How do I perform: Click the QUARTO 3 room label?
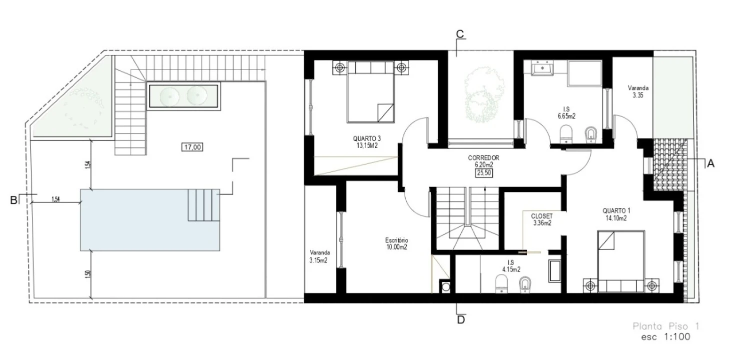coord(367,138)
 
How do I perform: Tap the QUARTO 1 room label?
coord(616,211)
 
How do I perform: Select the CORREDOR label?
coord(484,158)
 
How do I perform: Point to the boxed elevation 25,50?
coord(484,173)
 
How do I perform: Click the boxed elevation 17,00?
coord(192,147)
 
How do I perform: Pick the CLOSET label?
coord(542,216)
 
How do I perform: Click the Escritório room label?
coord(397,240)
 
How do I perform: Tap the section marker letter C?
coord(460,34)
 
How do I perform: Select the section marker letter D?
coord(461,320)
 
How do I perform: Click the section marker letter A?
coord(711,163)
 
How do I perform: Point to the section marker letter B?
coord(13,200)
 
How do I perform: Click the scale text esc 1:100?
coord(666,336)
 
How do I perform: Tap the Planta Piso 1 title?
coord(666,326)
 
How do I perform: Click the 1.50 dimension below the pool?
coord(87,274)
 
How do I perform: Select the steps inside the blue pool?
coord(204,204)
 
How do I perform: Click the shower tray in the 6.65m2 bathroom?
coord(585,73)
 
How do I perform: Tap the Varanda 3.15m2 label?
coord(319,256)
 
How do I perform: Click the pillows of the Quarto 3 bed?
coord(371,67)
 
